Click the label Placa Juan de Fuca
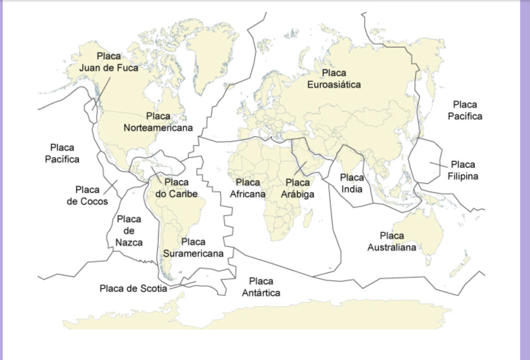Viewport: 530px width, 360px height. coord(109,62)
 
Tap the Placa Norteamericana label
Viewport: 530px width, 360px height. coord(158,122)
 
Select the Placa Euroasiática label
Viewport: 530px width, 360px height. coord(334,79)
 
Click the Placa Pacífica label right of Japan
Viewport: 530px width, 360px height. coord(465,110)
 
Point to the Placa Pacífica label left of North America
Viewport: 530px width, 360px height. coord(62,153)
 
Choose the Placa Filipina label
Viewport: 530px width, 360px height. coord(463,170)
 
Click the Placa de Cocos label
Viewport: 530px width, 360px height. coord(87,195)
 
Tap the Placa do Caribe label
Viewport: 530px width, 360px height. coord(176,188)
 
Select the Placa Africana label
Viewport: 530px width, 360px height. coord(248,188)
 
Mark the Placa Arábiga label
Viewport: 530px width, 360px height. coord(297,188)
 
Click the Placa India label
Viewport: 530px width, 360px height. coord(352,183)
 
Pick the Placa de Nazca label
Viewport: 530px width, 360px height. coord(129,231)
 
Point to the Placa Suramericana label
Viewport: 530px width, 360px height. coord(193,248)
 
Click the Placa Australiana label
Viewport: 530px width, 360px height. coord(391,241)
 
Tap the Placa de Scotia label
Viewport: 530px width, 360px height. coord(133,289)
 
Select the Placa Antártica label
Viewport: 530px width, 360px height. coord(261,287)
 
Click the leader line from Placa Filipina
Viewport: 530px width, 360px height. coord(439,165)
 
